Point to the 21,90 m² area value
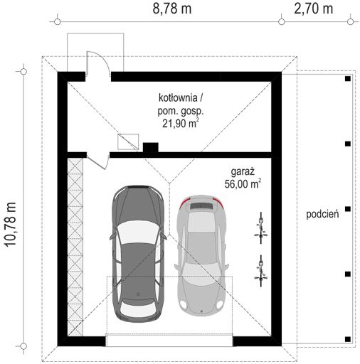point(180,122)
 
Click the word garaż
point(242,171)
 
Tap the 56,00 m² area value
point(242,183)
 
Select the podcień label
point(322,213)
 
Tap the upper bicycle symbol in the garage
point(260,225)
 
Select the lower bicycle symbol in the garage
point(260,269)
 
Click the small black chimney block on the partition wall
point(150,147)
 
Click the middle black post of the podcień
point(347,208)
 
